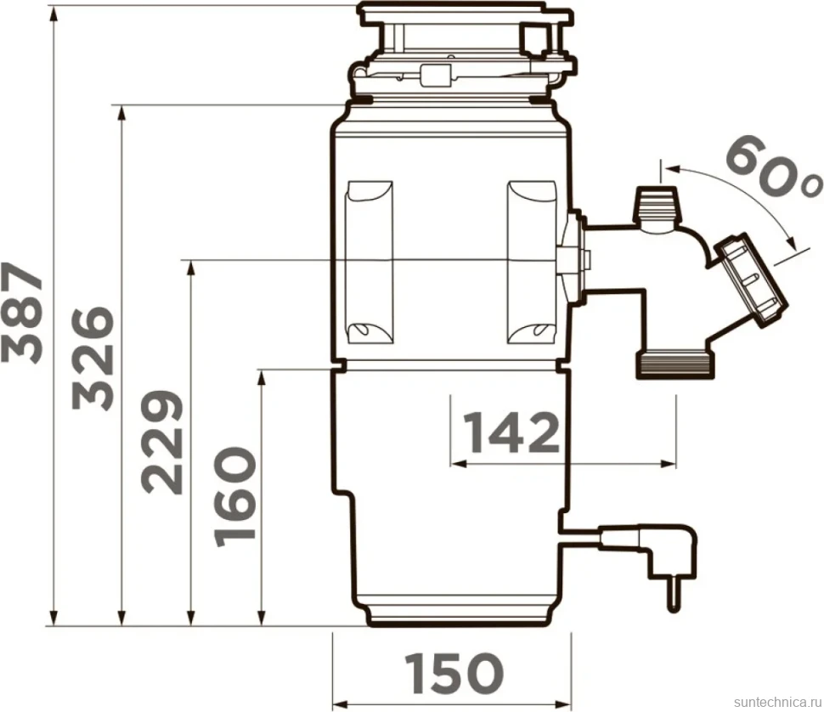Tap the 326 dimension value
point(93,358)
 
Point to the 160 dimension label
point(235,496)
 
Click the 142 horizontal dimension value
point(511,432)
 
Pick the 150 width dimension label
point(454,673)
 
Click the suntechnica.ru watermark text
point(776,702)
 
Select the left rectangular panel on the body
point(370,263)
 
